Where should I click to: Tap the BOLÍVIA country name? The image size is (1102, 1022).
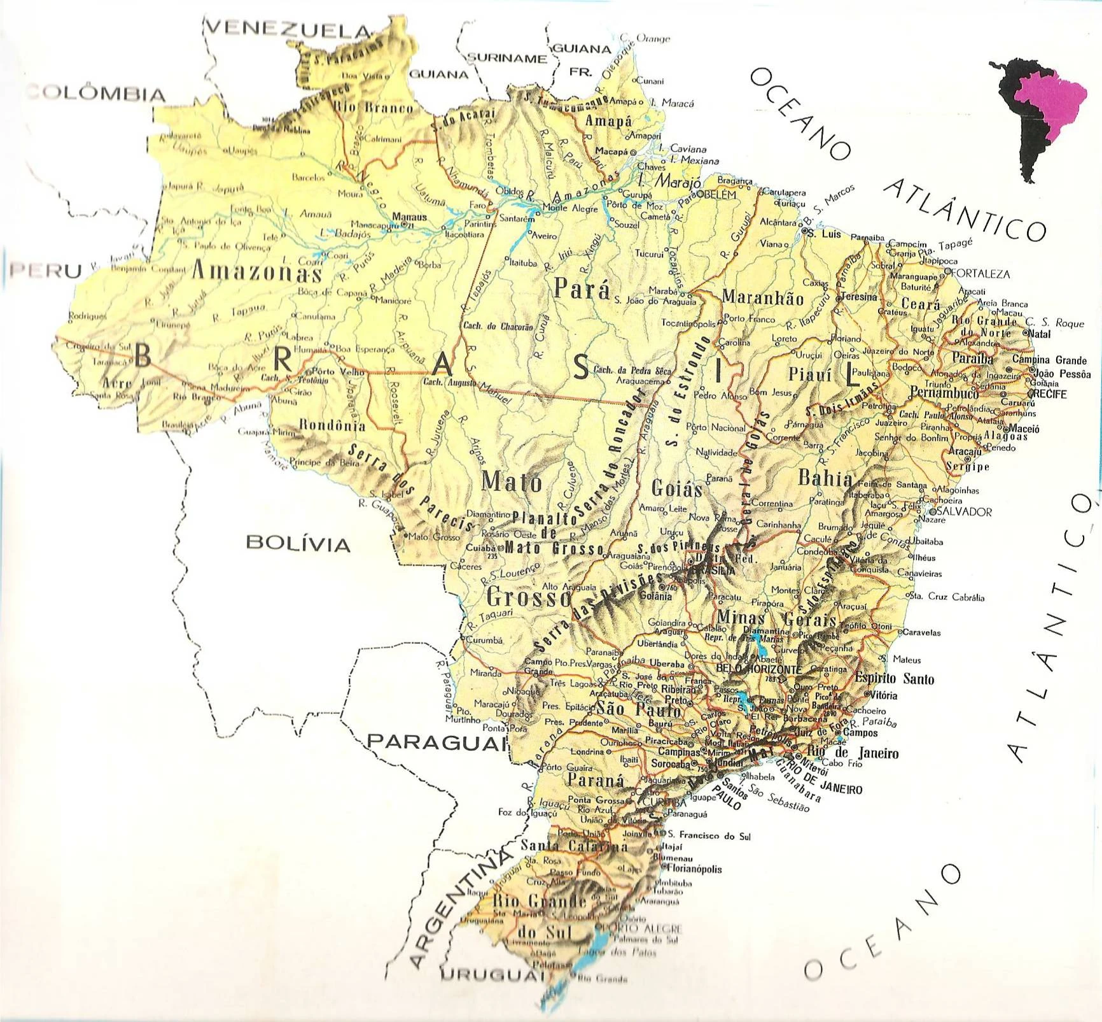pos(298,543)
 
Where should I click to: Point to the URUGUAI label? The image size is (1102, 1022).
pos(489,975)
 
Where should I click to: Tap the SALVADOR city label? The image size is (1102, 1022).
pos(964,511)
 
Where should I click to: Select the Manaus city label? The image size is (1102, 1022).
pos(409,216)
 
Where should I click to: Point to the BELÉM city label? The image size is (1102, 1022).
pos(718,194)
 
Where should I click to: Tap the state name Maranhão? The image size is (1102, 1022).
pos(763,297)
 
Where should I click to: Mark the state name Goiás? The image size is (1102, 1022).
pos(677,488)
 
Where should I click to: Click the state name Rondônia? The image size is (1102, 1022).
pos(332,425)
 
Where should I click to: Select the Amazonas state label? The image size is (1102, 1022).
pos(256,272)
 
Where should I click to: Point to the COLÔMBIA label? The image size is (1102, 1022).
pos(95,94)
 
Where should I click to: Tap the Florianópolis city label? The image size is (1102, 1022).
pos(695,869)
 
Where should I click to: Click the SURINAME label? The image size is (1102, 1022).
pos(507,59)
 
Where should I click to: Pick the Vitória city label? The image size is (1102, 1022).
pos(882,695)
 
